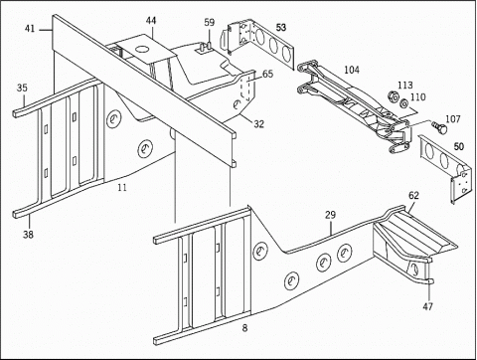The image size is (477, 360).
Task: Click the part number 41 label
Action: (x=30, y=29)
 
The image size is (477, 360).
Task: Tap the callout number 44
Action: (x=151, y=21)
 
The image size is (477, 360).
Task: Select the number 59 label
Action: (x=210, y=23)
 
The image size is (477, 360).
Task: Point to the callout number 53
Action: (x=281, y=27)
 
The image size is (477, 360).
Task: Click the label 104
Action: (x=352, y=70)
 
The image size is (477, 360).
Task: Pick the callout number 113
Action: (x=405, y=86)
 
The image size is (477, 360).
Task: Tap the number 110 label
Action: (x=417, y=97)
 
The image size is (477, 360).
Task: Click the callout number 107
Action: (x=453, y=118)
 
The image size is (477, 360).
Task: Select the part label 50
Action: (x=459, y=146)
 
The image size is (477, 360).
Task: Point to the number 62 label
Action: (x=413, y=196)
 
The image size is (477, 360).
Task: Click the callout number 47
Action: (x=427, y=306)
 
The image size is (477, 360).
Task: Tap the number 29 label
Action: (x=330, y=215)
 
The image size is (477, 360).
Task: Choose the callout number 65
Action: (x=267, y=74)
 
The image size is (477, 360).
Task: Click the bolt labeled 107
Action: (x=439, y=127)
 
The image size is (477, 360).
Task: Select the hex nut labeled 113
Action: (x=393, y=97)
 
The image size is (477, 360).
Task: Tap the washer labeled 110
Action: (x=403, y=103)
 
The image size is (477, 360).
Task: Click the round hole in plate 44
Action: (x=142, y=49)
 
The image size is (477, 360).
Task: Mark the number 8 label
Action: (x=244, y=328)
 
